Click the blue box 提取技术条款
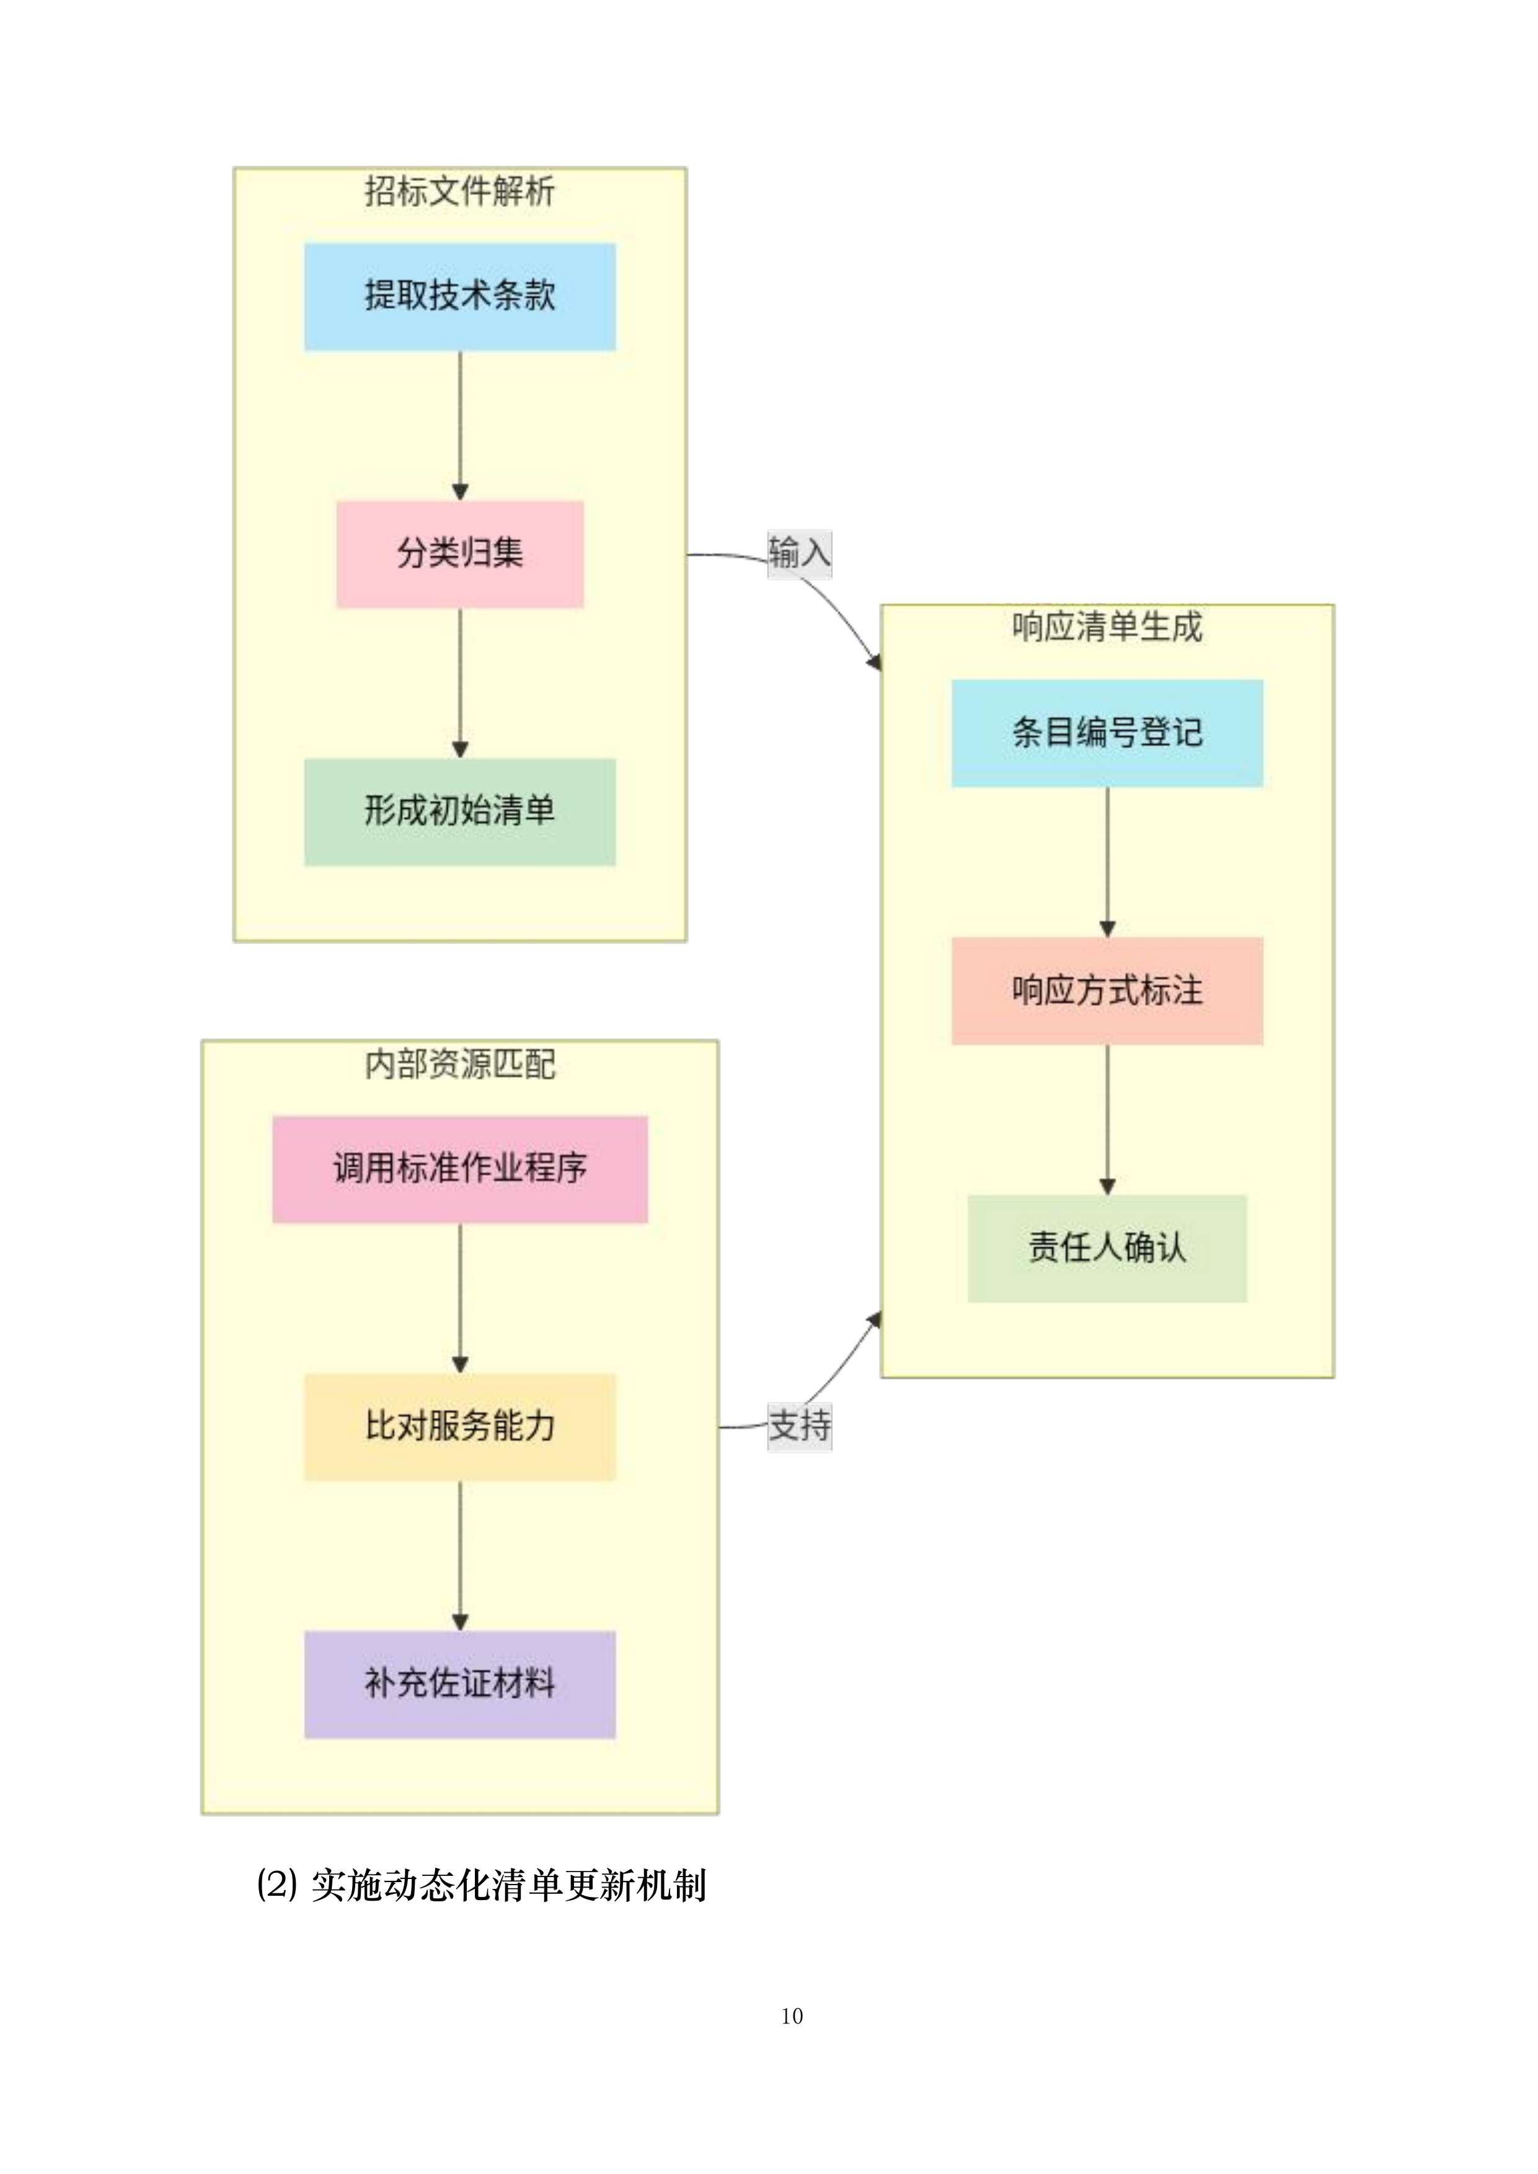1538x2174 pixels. pos(459,296)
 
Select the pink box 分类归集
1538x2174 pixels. pos(459,554)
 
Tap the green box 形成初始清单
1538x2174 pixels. pos(459,811)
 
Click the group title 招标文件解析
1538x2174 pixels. pos(459,192)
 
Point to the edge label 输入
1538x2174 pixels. pos(798,553)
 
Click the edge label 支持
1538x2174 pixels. pos(798,1425)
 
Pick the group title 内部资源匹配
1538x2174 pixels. pos(459,1064)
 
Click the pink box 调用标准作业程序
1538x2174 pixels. pos(459,1168)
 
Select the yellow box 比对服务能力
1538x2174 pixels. pos(459,1426)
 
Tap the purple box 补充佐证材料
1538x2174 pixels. pos(459,1684)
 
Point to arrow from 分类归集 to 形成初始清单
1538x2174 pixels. pos(460,682)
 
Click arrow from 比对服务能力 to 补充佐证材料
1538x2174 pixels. pos(460,1555)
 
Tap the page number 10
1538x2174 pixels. pos(792,2016)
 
